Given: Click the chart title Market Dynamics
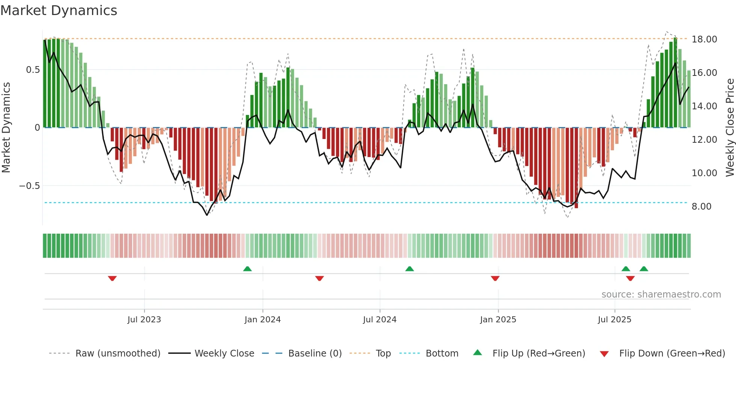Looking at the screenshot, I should tap(59, 11).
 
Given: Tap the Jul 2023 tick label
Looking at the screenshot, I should tap(144, 320).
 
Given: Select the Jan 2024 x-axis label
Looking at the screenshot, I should tap(262, 320).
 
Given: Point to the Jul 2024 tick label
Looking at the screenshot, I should tap(380, 320).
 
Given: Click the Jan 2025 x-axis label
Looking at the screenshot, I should tap(498, 320).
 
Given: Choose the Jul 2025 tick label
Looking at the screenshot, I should tap(614, 320).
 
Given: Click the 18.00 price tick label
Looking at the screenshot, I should tap(704, 39).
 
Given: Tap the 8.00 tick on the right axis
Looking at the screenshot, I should tap(701, 207).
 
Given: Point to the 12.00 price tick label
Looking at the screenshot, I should tap(704, 140).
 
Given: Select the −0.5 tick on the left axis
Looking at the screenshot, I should tap(29, 186).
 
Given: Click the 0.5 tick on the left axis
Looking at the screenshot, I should tap(33, 70).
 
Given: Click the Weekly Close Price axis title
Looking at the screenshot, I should tap(730, 128).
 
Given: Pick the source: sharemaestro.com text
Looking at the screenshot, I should tap(661, 295).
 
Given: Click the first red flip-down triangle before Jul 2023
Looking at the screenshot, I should tap(112, 278).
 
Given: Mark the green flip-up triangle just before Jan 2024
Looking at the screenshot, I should tap(247, 269).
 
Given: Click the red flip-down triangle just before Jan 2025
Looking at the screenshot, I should tap(495, 278).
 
